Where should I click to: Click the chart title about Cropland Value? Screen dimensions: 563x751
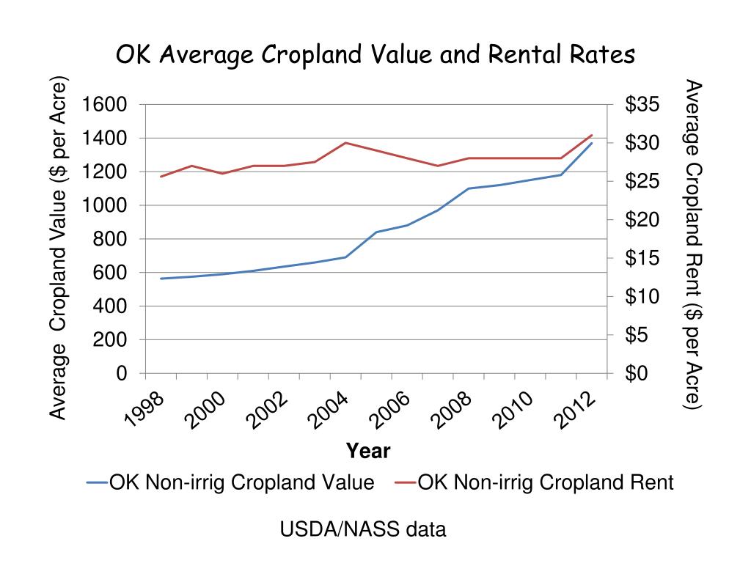click(x=375, y=56)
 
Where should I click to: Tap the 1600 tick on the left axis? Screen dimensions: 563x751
click(x=104, y=105)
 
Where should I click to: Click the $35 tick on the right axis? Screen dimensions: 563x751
click(x=642, y=105)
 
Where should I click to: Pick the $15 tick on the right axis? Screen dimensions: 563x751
click(x=642, y=259)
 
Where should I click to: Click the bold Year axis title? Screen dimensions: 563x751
click(x=368, y=451)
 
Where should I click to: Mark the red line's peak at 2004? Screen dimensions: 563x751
click(x=345, y=142)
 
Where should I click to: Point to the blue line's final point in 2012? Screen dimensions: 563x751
click(x=591, y=143)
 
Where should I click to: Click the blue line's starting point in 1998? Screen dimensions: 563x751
click(x=160, y=279)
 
